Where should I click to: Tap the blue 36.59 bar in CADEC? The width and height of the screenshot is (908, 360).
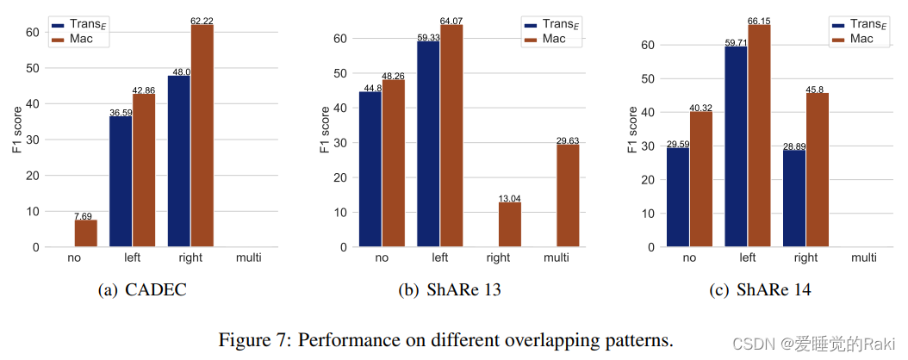coord(121,182)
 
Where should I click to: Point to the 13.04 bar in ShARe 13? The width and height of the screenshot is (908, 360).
coord(510,225)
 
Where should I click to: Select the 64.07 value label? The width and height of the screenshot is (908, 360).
coord(451,20)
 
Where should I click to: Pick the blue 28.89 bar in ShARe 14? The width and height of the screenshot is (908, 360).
coord(794,198)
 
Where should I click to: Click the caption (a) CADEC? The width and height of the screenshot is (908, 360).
coord(143,290)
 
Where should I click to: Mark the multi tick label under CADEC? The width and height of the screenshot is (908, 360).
coord(248,258)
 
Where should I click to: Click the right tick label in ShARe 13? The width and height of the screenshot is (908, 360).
coord(498,258)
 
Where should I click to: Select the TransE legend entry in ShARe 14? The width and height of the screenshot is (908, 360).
coord(862,24)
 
